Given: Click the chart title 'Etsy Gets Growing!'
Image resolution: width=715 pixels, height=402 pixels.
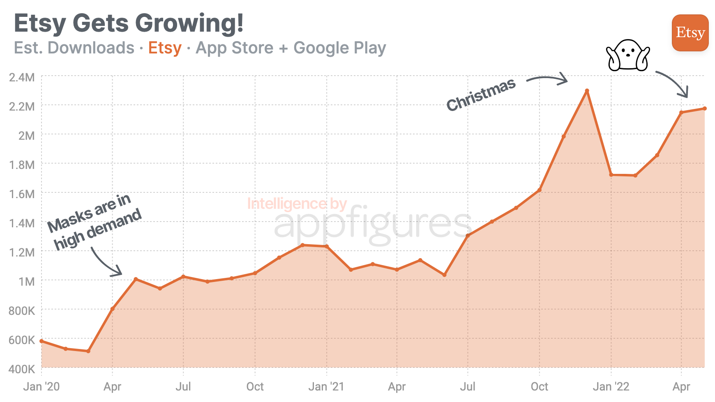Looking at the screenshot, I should click(129, 23).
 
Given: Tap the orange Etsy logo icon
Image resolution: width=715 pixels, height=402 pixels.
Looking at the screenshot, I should click(690, 33).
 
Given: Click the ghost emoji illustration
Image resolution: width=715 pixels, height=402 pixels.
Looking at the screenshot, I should click(627, 55).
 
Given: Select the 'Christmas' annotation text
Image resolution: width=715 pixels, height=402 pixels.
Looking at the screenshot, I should click(481, 95).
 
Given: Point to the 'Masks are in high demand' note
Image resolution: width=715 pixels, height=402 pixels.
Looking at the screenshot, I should click(95, 222).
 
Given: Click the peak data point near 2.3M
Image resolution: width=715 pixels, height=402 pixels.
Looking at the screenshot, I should click(587, 91).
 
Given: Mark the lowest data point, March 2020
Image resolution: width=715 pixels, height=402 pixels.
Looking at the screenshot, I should click(88, 351).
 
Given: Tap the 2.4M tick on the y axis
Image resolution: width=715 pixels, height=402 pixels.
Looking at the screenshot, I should click(22, 77).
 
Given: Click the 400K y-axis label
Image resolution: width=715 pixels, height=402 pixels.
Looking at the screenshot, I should click(22, 369).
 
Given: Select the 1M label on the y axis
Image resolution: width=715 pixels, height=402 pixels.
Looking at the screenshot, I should click(26, 282).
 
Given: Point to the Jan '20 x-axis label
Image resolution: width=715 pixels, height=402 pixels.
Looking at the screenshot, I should click(42, 386).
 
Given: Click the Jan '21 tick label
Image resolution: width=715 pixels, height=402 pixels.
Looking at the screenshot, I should click(326, 386).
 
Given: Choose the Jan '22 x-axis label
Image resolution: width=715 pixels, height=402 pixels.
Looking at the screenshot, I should click(611, 386).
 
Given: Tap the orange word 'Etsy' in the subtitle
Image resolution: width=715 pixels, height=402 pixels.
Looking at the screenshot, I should click(165, 48).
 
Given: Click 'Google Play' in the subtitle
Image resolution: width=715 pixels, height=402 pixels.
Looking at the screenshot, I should click(339, 48).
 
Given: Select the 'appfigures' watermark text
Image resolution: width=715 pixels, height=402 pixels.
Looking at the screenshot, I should click(372, 224).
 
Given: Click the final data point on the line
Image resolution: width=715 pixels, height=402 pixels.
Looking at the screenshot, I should click(704, 109).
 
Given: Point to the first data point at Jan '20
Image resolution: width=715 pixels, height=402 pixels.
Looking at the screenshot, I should click(42, 341).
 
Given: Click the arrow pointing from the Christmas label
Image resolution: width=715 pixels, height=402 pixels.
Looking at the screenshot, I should click(547, 79).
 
